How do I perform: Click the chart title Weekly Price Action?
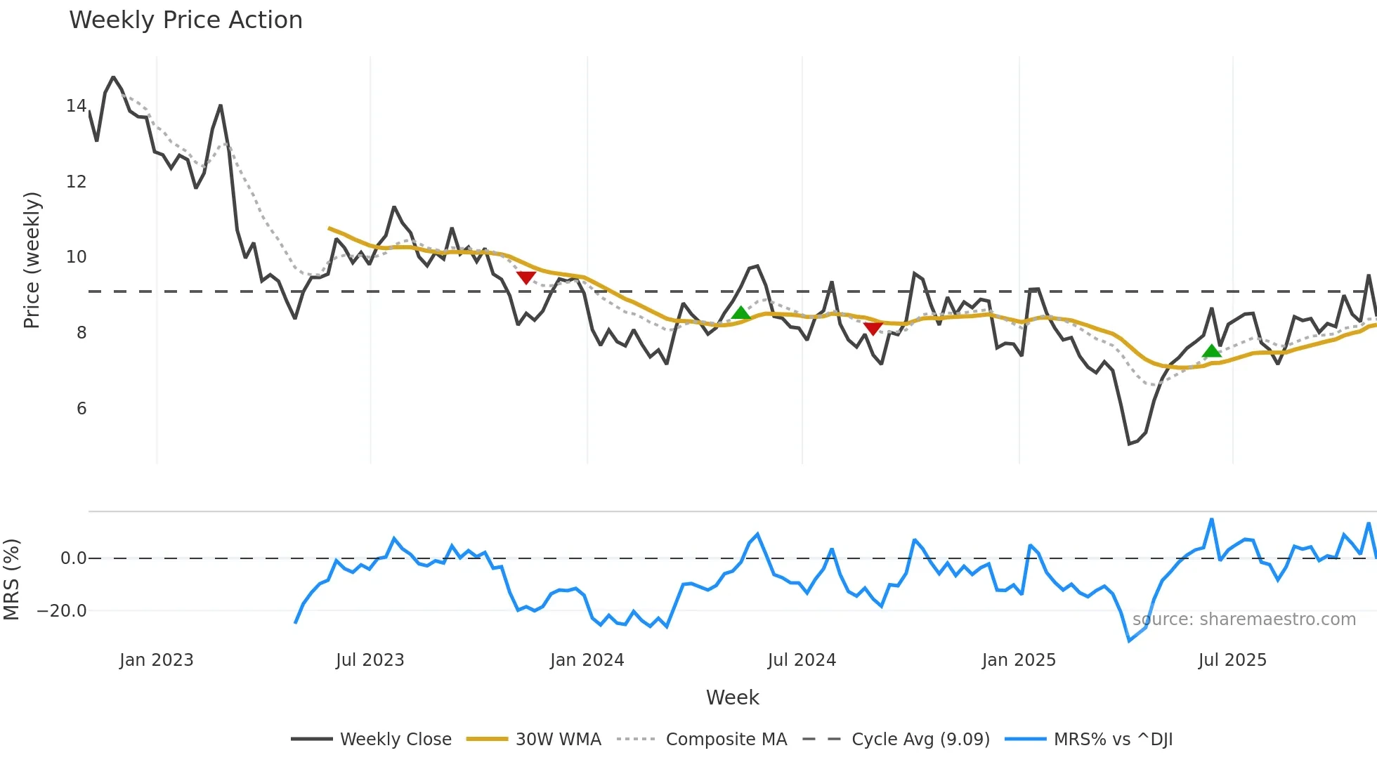click(185, 20)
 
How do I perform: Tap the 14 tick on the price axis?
click(76, 106)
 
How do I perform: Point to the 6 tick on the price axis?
click(81, 409)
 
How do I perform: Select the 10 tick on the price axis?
click(76, 257)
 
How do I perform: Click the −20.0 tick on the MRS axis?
click(62, 611)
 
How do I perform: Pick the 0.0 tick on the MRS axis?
click(73, 558)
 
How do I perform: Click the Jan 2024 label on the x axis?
click(587, 660)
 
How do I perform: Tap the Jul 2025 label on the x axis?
click(1232, 660)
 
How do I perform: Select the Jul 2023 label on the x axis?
click(370, 660)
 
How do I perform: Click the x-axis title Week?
click(732, 697)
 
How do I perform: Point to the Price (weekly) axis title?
click(32, 260)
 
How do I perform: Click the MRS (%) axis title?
click(11, 579)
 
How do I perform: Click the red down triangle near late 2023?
click(526, 278)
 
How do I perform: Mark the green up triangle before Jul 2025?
click(1211, 351)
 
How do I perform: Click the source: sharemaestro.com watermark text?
click(1244, 619)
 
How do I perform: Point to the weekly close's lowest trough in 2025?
click(1129, 444)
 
